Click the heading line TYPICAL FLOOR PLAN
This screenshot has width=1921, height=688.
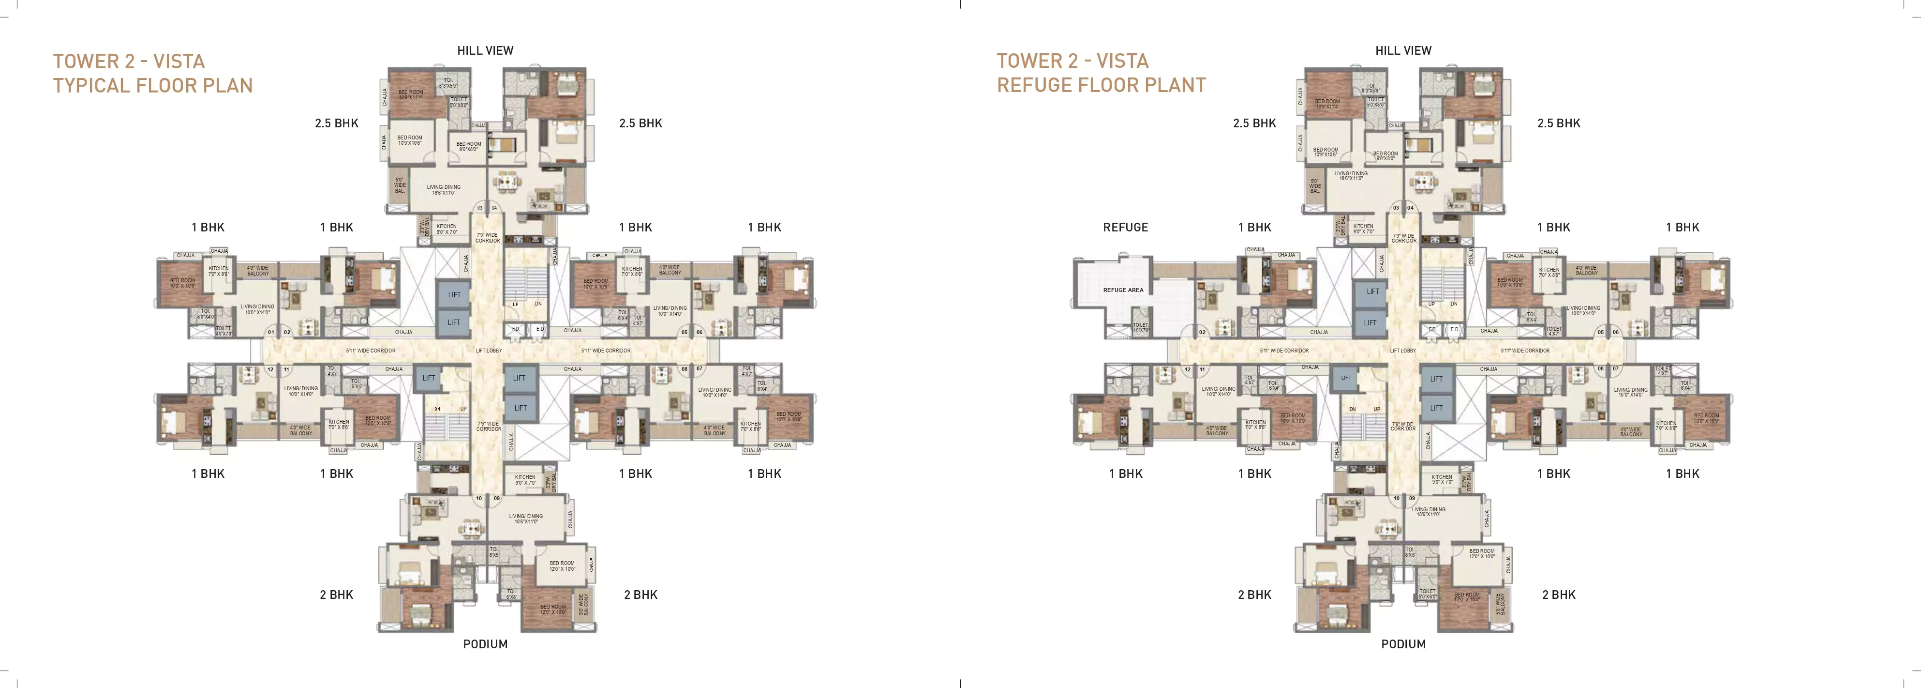(x=153, y=86)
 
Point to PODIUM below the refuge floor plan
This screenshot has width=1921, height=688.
(x=1403, y=644)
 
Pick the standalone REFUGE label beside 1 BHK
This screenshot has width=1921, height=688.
(x=1125, y=228)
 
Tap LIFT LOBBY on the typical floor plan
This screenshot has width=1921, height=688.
(x=489, y=350)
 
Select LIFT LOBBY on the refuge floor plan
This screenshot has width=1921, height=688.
(x=1403, y=350)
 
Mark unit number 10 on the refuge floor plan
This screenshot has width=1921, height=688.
(x=1396, y=499)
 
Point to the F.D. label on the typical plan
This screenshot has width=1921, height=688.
(x=515, y=329)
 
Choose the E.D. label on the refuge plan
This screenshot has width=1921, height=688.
(x=1454, y=329)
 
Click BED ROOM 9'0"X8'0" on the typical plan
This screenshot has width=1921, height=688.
(x=468, y=146)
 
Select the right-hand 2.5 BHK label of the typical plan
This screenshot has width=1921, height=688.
(x=640, y=123)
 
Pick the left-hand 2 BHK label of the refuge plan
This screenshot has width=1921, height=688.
(x=1254, y=595)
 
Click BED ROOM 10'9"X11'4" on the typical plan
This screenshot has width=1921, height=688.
(x=410, y=95)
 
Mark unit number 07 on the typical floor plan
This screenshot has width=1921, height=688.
(x=700, y=368)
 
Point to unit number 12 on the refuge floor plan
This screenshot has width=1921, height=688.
(x=1188, y=369)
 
